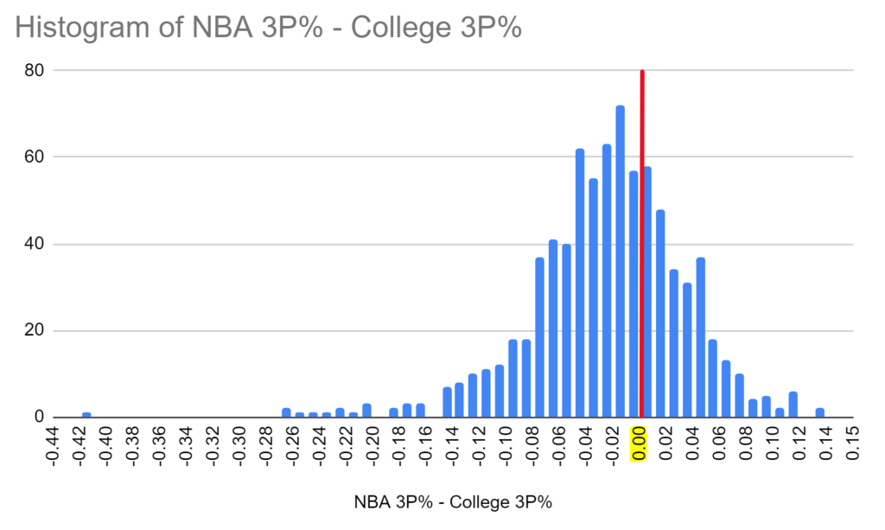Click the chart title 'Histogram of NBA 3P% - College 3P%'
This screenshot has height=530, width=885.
(x=269, y=28)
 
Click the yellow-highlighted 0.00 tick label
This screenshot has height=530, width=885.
(x=640, y=445)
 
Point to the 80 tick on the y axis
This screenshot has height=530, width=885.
(x=35, y=70)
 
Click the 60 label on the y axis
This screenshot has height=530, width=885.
(x=35, y=157)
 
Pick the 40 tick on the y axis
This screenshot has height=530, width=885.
(x=35, y=244)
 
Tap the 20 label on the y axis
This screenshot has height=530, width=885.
(x=35, y=331)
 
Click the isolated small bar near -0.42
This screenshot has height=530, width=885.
(x=86, y=415)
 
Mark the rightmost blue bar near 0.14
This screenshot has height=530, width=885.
(x=819, y=413)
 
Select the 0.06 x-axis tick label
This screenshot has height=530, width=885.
(x=721, y=445)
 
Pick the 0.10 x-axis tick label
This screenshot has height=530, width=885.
(x=774, y=445)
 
